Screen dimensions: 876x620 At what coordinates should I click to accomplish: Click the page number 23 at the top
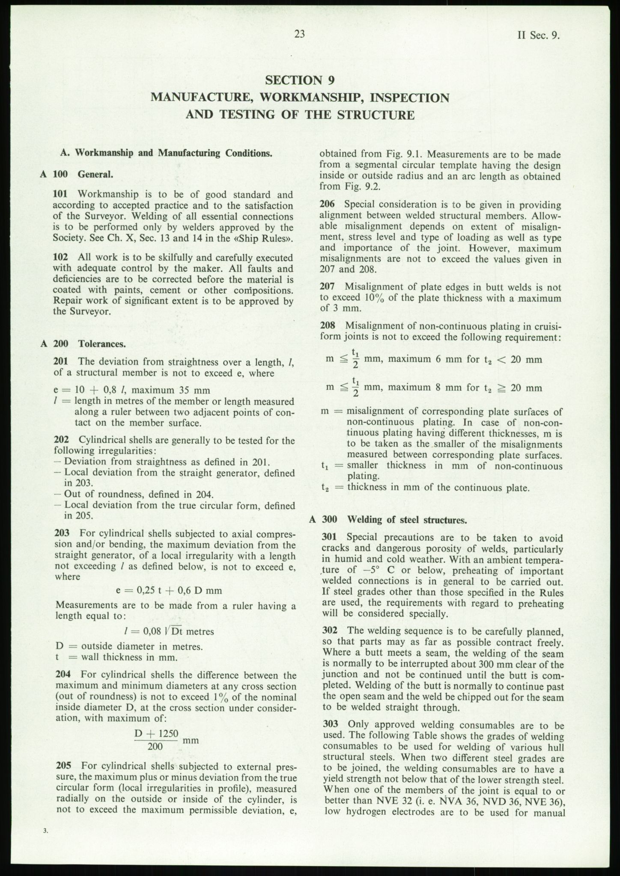[x=299, y=34]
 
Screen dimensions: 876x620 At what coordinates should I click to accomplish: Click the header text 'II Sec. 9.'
[x=539, y=36]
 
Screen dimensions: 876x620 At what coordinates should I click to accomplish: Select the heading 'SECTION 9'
[x=299, y=80]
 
